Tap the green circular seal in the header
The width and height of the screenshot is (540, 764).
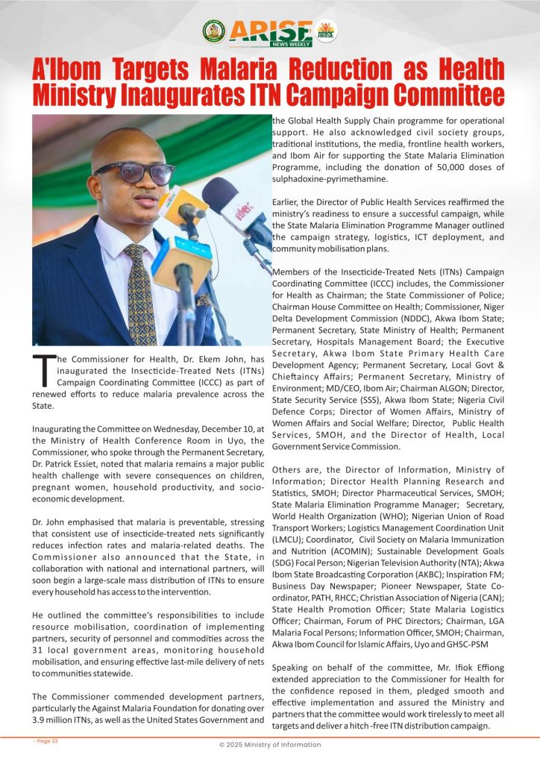click(213, 31)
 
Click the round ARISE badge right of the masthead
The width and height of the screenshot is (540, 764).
click(326, 31)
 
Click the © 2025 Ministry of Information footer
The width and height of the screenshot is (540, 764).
click(269, 745)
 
